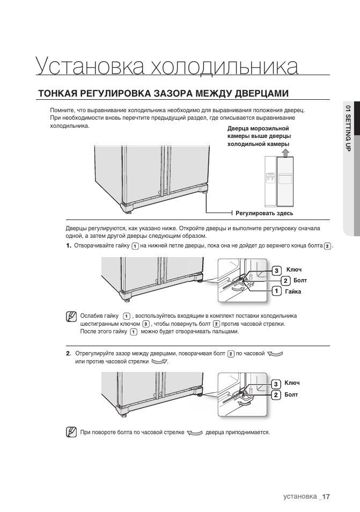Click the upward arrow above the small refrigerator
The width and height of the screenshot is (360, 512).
[285, 152]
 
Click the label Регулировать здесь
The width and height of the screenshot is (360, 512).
[265, 213]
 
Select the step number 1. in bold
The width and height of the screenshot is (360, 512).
[68, 246]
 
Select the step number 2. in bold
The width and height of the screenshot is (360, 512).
[68, 354]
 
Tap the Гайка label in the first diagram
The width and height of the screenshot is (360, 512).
[293, 291]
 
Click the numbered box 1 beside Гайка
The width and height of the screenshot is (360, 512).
[276, 291]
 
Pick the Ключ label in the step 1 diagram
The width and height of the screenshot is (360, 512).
[293, 269]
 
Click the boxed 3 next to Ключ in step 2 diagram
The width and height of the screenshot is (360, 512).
[276, 384]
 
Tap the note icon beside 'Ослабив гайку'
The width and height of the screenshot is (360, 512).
[71, 316]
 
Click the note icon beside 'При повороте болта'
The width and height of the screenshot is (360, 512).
[71, 431]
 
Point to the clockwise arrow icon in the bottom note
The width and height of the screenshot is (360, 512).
[195, 432]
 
